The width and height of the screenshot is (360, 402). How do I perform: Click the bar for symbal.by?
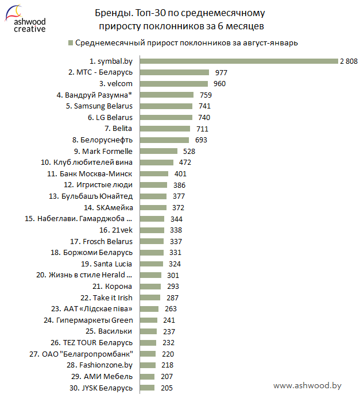point(238,61)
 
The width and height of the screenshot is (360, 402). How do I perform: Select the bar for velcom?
point(166,84)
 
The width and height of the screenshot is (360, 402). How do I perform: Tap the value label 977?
point(221,73)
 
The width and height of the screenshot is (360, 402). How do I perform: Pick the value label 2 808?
point(349,61)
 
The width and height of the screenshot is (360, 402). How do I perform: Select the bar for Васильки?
point(148,331)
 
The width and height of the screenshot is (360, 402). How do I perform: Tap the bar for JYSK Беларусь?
point(147,388)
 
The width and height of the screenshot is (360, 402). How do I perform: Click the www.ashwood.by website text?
point(307,386)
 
